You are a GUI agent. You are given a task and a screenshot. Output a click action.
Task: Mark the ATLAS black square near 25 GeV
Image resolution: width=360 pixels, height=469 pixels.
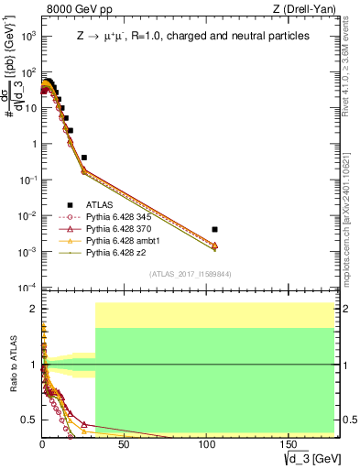(x=84, y=158)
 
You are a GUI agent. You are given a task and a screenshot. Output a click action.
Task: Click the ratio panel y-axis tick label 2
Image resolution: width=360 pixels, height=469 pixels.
(x=32, y=310)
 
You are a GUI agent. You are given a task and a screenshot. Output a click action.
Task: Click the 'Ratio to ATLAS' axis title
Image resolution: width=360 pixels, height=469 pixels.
(x=13, y=365)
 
